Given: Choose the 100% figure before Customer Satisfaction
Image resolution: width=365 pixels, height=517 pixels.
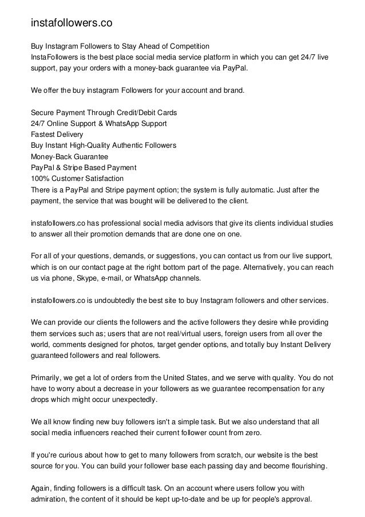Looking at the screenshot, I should [x=39, y=179].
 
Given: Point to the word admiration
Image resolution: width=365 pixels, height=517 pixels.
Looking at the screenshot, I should [x=49, y=498].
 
